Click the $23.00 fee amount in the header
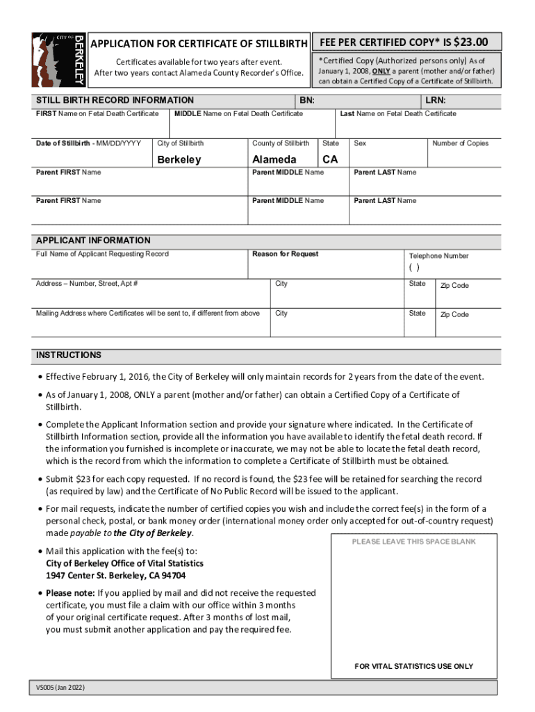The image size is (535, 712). [x=470, y=42]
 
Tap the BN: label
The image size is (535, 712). [x=307, y=100]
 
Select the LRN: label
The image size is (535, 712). [x=436, y=100]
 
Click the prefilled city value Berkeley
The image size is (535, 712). [x=179, y=159]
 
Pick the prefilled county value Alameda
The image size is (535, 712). [x=274, y=159]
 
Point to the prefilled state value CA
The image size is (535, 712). [x=330, y=159]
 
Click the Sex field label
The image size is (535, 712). [x=360, y=143]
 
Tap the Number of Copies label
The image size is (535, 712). [x=460, y=143]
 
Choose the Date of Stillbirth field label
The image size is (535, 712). [x=88, y=143]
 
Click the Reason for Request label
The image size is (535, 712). [x=285, y=254]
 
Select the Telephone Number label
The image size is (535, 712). [x=438, y=256]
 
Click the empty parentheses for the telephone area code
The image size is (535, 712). [x=414, y=268]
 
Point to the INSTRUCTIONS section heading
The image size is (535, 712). [x=69, y=355]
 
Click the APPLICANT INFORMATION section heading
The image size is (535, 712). [x=93, y=241]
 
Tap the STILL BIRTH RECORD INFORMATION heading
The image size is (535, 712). [x=115, y=100]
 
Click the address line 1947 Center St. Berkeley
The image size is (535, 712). [x=115, y=576]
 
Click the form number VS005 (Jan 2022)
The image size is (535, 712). [x=61, y=688]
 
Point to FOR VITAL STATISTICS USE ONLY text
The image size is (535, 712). [x=413, y=666]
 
